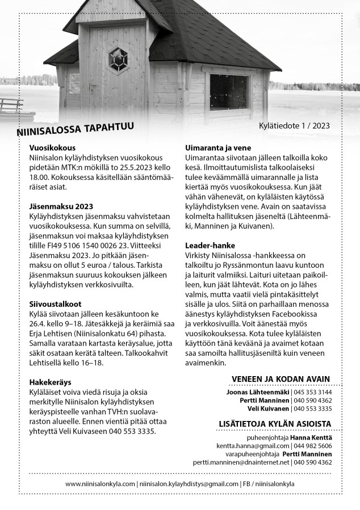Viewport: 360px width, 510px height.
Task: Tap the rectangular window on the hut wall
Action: click(x=229, y=92)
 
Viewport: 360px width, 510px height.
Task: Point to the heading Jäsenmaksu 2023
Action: click(x=61, y=206)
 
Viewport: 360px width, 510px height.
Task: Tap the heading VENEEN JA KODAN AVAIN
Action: click(x=281, y=380)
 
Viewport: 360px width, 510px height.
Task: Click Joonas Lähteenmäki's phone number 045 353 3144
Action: click(x=313, y=392)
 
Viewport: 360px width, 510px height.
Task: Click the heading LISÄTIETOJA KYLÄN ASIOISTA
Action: click(x=275, y=424)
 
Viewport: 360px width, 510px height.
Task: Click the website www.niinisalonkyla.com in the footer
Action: click(x=101, y=484)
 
